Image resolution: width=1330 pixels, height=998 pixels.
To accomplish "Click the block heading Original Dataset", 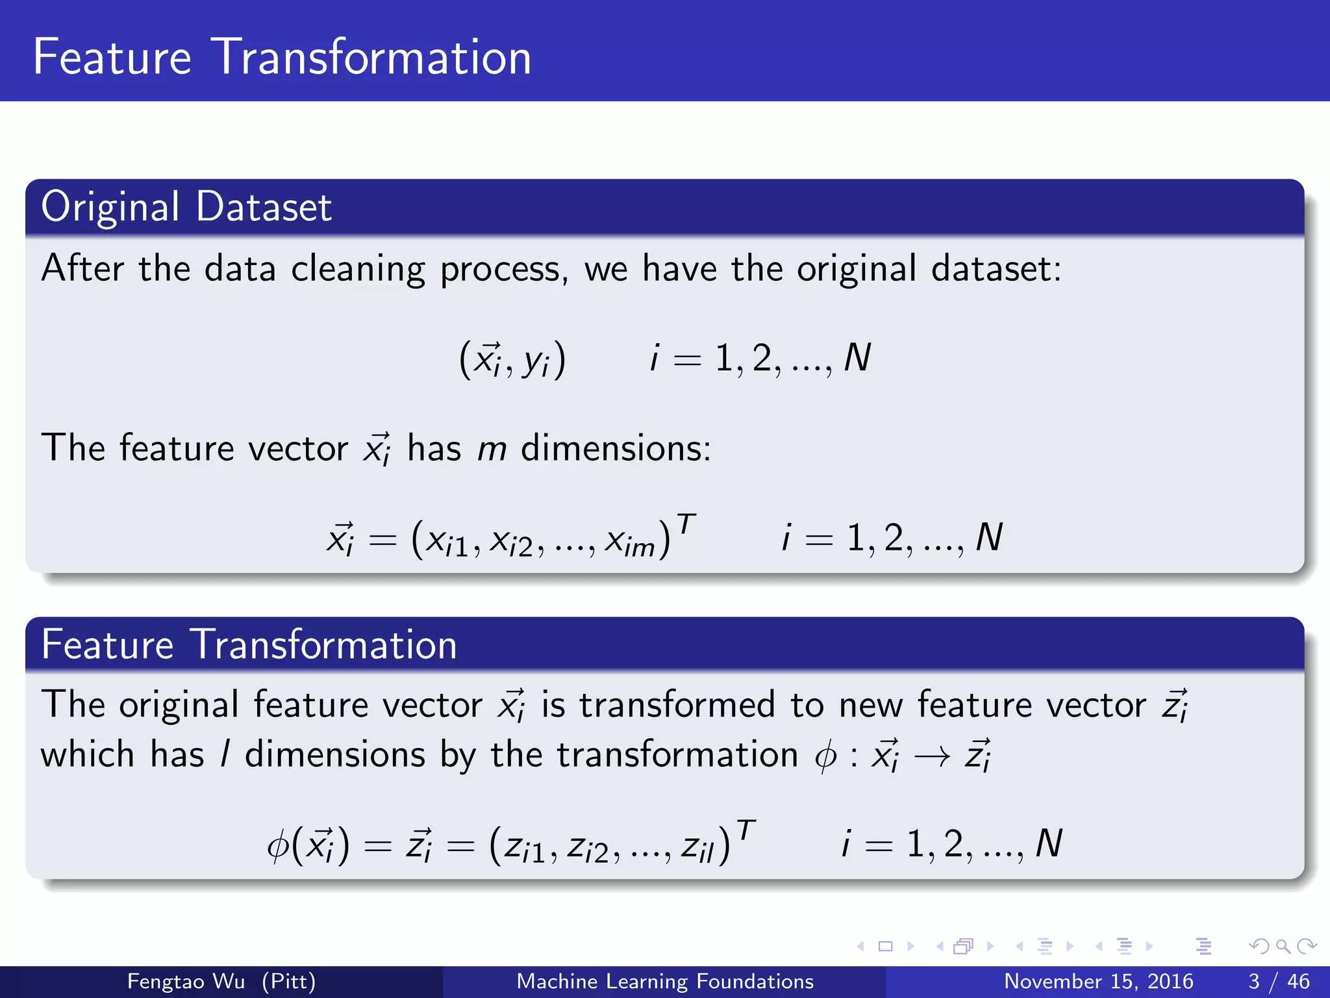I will click(186, 207).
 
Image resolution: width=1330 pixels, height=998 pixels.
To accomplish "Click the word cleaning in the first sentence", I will click(357, 268).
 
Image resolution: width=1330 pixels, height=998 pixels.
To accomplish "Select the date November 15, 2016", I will click(1098, 981).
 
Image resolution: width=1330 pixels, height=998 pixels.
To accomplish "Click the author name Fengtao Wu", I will click(186, 981).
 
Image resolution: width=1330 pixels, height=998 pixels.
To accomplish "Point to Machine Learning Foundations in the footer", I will click(664, 981).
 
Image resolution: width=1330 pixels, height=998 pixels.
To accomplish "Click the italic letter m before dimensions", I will click(492, 449).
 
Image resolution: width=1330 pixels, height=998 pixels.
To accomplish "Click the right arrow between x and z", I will click(933, 756).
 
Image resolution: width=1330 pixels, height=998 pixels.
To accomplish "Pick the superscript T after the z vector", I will click(746, 830).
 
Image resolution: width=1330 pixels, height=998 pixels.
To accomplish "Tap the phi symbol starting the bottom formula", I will click(278, 846).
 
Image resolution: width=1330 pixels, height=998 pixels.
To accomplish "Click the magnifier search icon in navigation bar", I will click(1283, 946).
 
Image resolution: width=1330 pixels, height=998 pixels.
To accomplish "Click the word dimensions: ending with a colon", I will click(616, 449).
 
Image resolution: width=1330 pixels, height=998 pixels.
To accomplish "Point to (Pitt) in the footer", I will click(288, 981).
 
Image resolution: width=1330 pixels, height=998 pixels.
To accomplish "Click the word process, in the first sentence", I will click(504, 270).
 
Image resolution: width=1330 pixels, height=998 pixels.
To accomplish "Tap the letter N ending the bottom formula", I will click(1049, 844).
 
